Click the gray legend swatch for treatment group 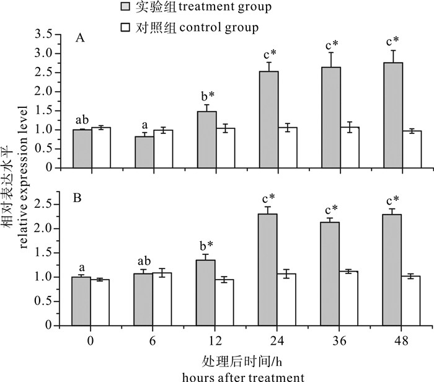(131, 9)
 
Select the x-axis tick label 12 (216, 341)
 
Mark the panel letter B (79, 200)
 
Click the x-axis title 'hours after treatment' (242, 376)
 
